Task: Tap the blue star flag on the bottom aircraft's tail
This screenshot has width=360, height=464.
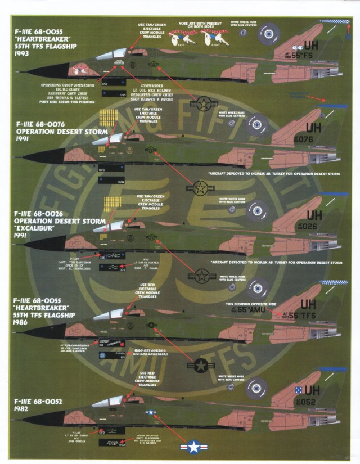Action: coord(298,389)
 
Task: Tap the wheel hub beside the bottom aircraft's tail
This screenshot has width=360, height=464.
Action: coord(259,385)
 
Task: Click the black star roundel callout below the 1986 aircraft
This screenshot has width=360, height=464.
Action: coord(201,366)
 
